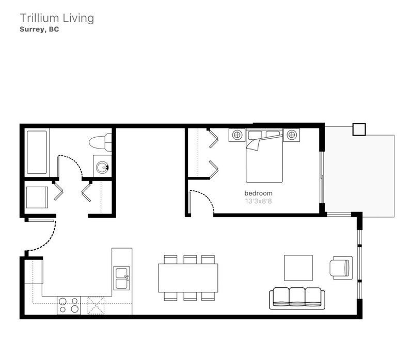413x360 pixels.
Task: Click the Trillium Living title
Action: coord(57,18)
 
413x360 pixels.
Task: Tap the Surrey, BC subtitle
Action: coord(39,29)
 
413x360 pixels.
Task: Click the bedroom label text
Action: coord(259,193)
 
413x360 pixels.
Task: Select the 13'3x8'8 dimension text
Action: coord(259,201)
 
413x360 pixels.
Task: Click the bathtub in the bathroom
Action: coord(37,152)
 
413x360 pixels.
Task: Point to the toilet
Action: coord(100,142)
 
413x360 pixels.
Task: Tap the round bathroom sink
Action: coord(102,167)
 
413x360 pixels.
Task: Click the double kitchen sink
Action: coord(121,278)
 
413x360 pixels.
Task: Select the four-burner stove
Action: coord(69,305)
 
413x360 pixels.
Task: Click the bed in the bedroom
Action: coord(264,156)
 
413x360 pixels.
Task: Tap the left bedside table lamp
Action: coord(237,135)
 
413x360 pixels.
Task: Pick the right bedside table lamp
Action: coord(291,135)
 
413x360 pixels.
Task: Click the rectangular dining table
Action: coord(188,278)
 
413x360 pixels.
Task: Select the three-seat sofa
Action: coord(297,298)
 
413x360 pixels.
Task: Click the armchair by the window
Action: coord(341,268)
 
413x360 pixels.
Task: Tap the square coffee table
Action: coord(298,268)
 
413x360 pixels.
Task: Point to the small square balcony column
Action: coord(359,129)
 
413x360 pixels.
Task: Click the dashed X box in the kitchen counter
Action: coord(96,305)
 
